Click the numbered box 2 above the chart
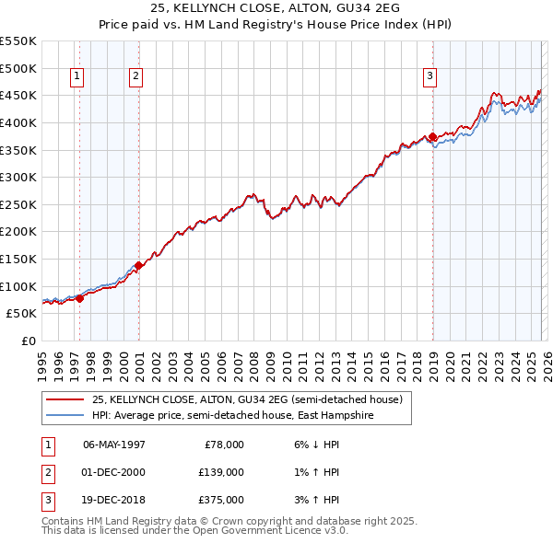(x=135, y=77)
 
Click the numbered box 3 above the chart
(x=429, y=77)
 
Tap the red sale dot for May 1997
(x=80, y=298)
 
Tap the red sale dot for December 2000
(x=138, y=265)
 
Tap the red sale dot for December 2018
(x=432, y=137)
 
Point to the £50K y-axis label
(x=21, y=313)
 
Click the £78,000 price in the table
(x=223, y=445)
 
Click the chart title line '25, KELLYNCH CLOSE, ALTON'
(x=276, y=11)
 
